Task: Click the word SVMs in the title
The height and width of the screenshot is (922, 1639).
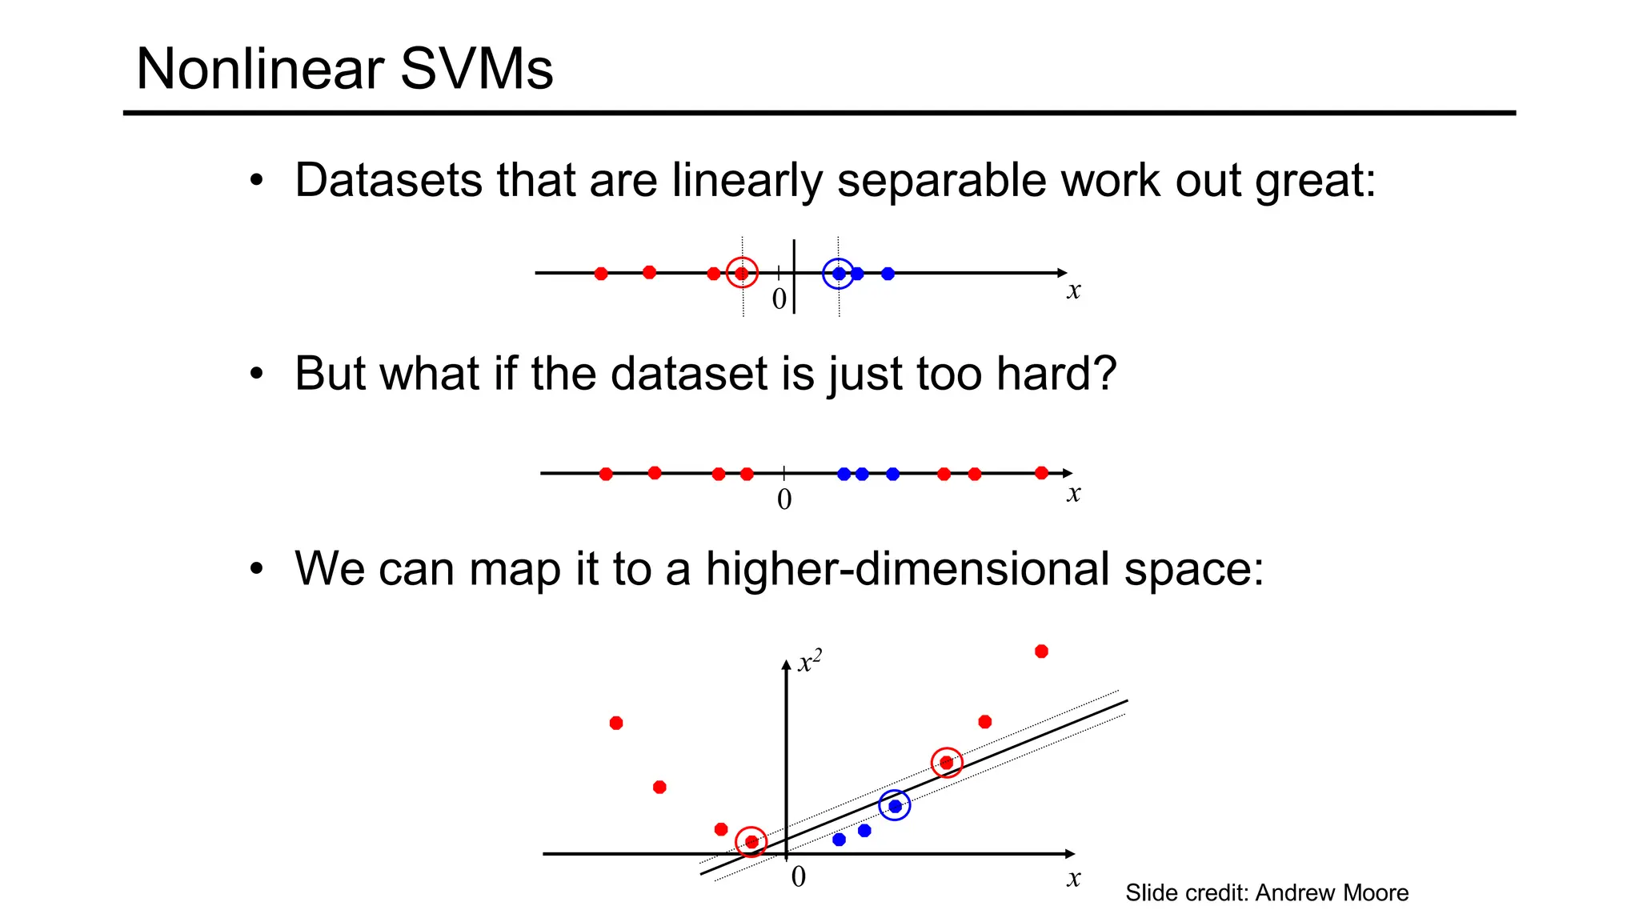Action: click(x=476, y=69)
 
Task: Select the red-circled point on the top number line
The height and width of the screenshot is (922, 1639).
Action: click(x=742, y=273)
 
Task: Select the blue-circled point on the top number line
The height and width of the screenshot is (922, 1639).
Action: click(x=838, y=274)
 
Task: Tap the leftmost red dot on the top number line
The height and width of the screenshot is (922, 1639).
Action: click(x=601, y=274)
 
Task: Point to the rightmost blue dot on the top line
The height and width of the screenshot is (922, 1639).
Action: click(x=888, y=274)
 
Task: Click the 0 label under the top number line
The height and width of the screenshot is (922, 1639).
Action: click(x=779, y=299)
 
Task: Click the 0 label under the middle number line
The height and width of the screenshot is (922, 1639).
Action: click(x=784, y=499)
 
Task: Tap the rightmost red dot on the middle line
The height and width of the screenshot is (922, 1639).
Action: click(x=1041, y=473)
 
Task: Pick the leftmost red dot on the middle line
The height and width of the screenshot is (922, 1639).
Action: click(x=606, y=474)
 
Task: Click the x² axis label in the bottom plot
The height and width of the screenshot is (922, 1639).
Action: click(x=810, y=663)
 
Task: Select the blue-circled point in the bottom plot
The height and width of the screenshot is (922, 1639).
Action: click(x=895, y=806)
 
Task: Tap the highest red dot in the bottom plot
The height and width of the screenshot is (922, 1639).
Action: click(x=1041, y=651)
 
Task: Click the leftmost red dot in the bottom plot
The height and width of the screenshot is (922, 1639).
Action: click(x=616, y=724)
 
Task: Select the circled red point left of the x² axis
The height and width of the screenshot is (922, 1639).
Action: click(x=751, y=842)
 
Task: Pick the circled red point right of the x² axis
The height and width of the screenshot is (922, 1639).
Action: click(x=947, y=763)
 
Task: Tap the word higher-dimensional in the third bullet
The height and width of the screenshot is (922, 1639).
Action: click(x=907, y=569)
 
